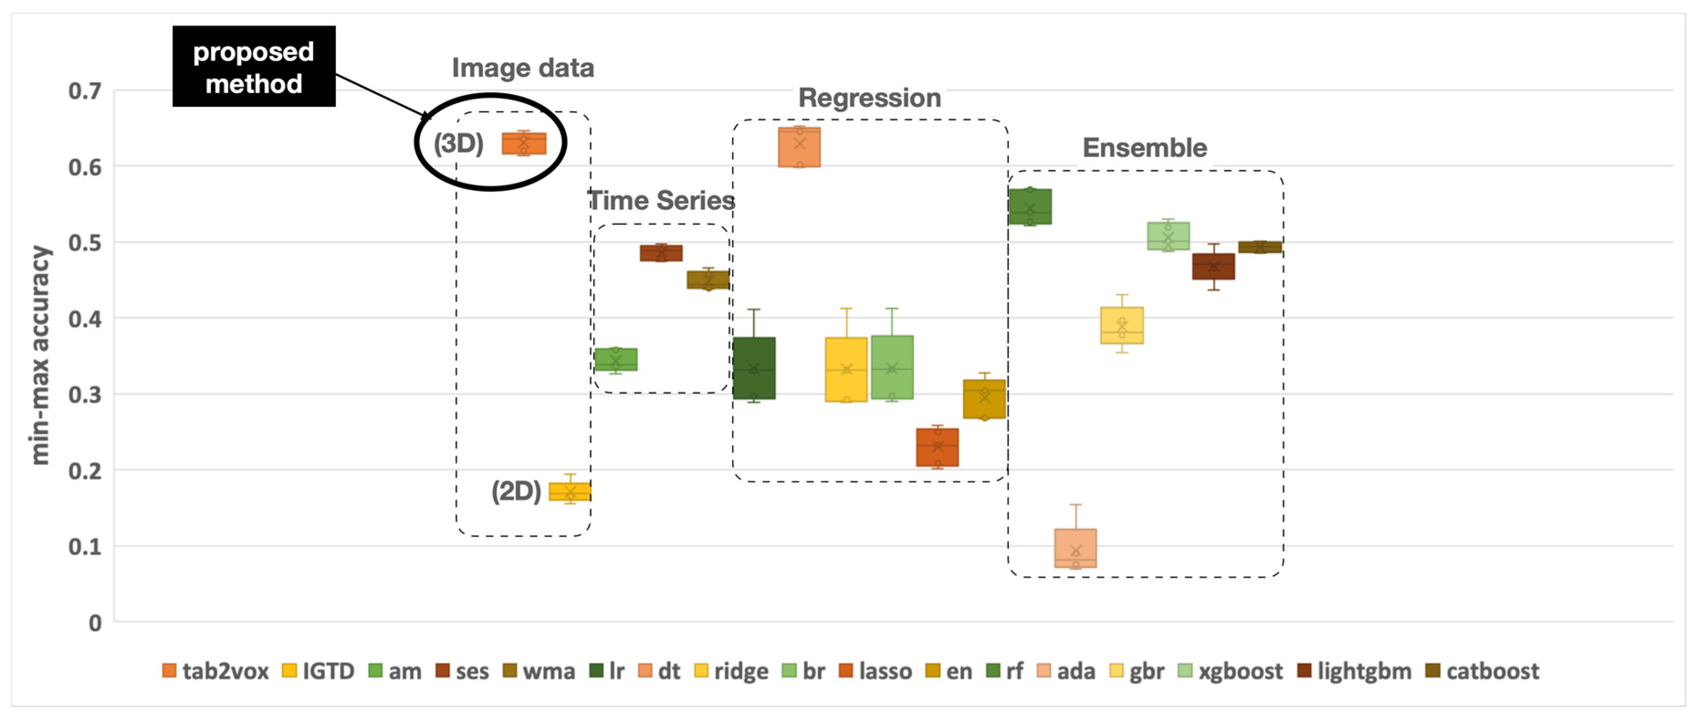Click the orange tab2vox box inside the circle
coord(524,143)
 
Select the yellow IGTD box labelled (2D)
coord(570,492)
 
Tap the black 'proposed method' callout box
coord(254,67)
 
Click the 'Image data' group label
coord(523,68)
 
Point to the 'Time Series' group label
coord(661,200)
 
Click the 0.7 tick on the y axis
coord(85,91)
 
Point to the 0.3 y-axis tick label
coord(85,395)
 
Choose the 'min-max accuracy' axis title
coord(40,356)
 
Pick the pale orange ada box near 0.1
coord(1075,548)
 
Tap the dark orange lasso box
coord(937,448)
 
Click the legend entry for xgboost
coord(1230,671)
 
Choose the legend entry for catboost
coord(1482,671)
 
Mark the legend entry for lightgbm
coord(1354,671)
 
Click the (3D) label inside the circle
coord(459,143)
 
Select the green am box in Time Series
coord(616,359)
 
